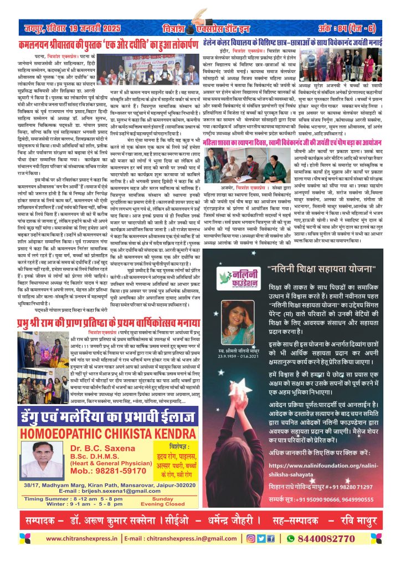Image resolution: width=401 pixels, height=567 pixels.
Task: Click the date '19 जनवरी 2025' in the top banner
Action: (97, 28)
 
